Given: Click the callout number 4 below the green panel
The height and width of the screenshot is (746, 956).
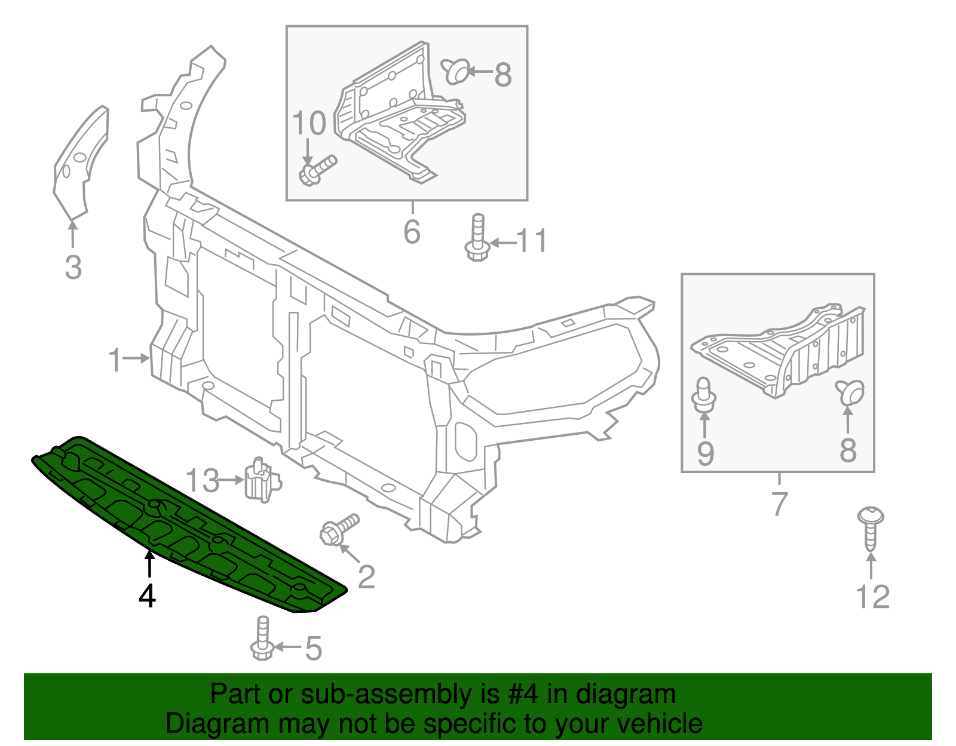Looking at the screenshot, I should (147, 595).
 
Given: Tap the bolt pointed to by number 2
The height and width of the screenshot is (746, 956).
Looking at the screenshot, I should (339, 529).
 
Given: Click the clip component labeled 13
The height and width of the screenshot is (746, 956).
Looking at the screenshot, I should (261, 480).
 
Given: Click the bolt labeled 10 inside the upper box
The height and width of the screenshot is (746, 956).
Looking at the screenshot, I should (317, 169).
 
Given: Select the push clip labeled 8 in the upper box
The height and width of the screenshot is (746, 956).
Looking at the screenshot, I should (456, 71).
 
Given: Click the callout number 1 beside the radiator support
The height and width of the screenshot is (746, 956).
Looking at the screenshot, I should (115, 360).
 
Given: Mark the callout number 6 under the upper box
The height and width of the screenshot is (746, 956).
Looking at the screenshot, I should (412, 232).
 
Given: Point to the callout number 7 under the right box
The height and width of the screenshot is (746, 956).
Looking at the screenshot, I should (779, 504).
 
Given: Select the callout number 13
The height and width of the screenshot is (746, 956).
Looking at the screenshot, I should (203, 481).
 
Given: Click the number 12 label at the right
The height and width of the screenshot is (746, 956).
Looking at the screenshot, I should (872, 597).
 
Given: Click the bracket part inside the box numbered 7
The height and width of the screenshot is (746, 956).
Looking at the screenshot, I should (783, 352).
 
